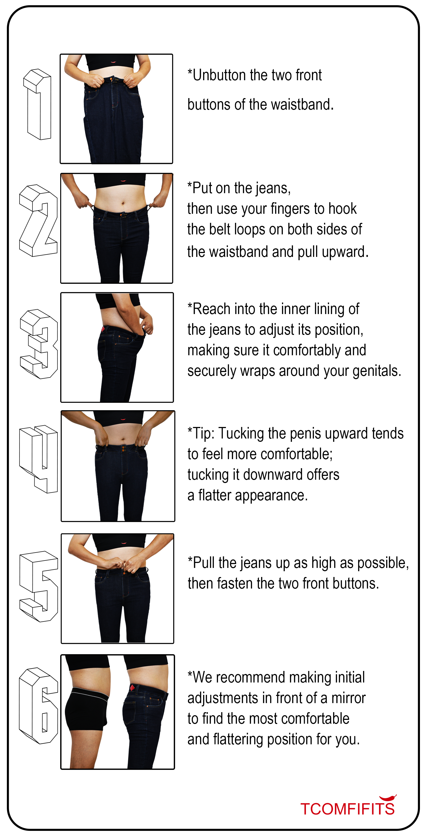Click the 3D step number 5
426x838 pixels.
pos(39,587)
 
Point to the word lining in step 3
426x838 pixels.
pos(329,309)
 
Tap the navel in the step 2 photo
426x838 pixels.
pos(123,204)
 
